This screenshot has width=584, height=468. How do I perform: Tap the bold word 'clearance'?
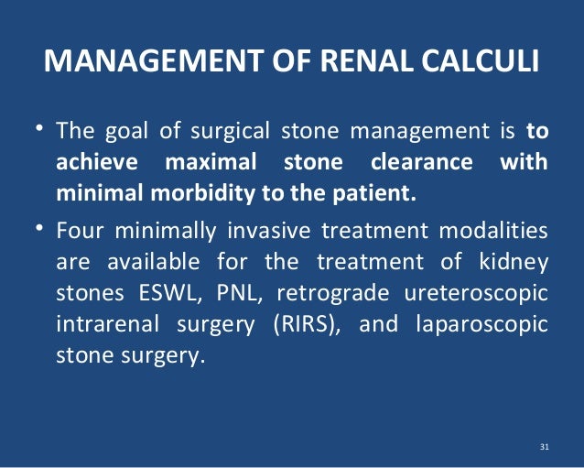(x=423, y=163)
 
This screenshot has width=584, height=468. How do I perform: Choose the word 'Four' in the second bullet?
(x=81, y=229)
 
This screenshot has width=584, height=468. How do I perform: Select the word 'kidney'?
(x=517, y=262)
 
